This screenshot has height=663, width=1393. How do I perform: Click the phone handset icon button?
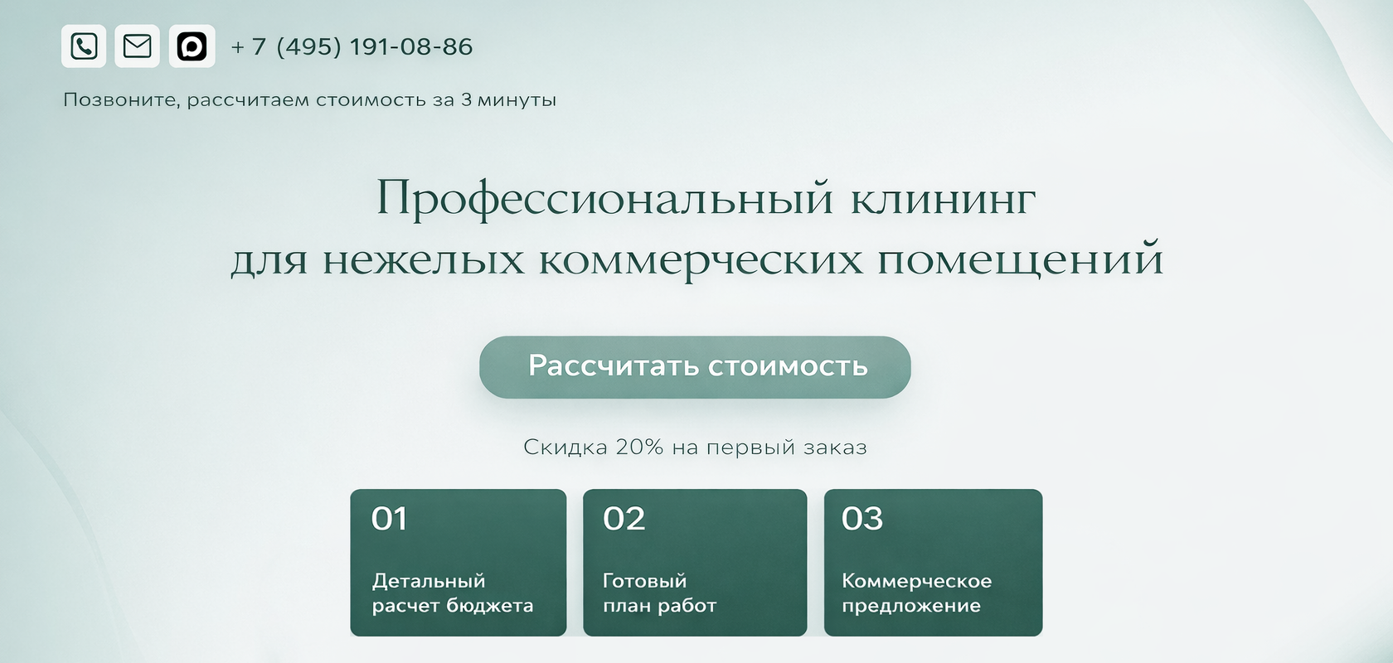pos(83,46)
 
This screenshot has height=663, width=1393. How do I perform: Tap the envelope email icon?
pos(138,46)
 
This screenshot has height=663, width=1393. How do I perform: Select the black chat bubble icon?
pos(192,46)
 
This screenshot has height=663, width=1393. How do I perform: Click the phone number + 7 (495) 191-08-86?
pos(352,47)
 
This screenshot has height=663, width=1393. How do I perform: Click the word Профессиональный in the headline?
pos(604,200)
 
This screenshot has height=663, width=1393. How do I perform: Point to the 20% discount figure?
pos(640,447)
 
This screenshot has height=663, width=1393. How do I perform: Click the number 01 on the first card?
pos(390,518)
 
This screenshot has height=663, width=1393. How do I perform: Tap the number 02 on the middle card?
pos(624,518)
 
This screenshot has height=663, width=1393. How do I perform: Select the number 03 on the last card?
pos(862,518)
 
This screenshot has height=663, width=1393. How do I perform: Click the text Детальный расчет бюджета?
pos(453,593)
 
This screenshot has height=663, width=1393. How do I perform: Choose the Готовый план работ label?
pos(659,593)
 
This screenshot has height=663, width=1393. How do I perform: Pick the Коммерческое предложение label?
pos(917,593)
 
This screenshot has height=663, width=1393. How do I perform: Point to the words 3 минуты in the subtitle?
pos(509,100)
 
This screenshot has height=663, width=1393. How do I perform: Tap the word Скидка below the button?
pos(565,448)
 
